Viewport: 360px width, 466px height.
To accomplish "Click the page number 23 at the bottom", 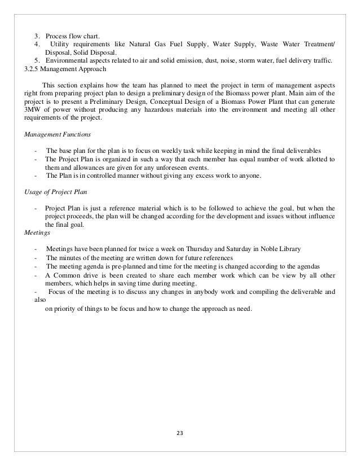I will pos(180,433).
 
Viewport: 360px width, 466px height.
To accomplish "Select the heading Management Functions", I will pos(52,135).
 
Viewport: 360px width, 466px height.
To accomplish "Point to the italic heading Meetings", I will pos(37,231).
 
